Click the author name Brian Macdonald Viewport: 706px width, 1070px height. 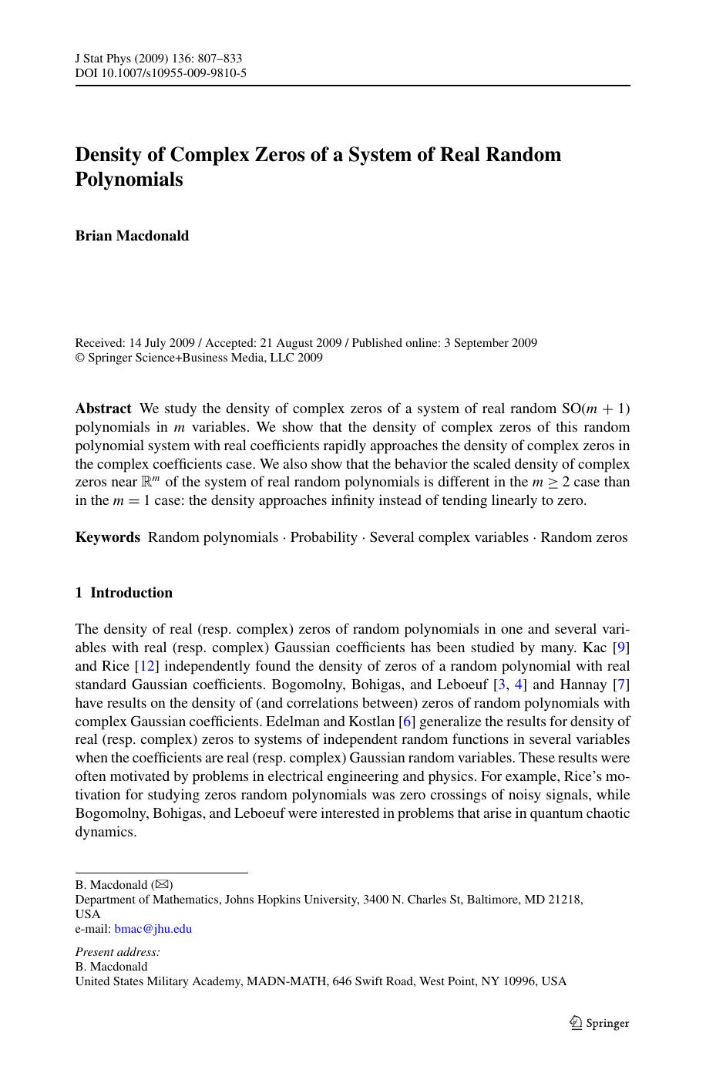click(x=132, y=236)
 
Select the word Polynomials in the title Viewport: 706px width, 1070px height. click(x=129, y=180)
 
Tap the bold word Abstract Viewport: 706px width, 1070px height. click(x=103, y=409)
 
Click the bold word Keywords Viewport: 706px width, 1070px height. click(x=107, y=537)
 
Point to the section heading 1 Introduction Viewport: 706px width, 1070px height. click(x=124, y=593)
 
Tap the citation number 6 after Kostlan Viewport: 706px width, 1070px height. click(x=408, y=722)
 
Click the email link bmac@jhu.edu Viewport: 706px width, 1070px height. click(x=153, y=928)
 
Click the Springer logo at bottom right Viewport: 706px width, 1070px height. click(x=599, y=1023)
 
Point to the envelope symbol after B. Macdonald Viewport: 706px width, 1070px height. click(x=162, y=884)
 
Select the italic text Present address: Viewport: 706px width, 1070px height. click(x=117, y=951)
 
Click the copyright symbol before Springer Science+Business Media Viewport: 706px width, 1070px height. click(x=79, y=358)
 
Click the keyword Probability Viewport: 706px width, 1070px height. click(x=324, y=537)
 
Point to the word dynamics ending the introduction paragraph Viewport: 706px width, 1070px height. click(x=105, y=832)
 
